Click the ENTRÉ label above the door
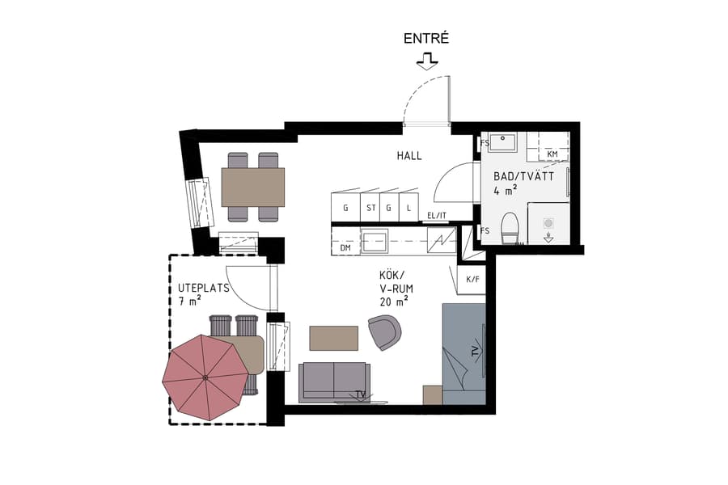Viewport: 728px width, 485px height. (x=425, y=39)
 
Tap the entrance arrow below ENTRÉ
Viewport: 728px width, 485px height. (x=425, y=60)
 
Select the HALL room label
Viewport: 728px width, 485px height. (x=408, y=156)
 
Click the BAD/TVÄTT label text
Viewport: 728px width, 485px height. (x=523, y=176)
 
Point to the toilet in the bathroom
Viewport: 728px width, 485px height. (x=510, y=226)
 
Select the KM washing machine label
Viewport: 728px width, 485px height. (x=552, y=154)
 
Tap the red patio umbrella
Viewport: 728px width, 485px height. (x=205, y=377)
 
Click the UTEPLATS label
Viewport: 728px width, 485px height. (x=204, y=288)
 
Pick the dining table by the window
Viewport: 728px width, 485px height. (x=253, y=187)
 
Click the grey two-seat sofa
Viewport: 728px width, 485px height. (x=334, y=382)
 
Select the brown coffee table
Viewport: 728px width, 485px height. (x=333, y=338)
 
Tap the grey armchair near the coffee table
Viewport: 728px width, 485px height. (x=384, y=331)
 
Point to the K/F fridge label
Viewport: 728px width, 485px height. (x=472, y=280)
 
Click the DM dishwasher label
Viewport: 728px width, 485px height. (x=345, y=247)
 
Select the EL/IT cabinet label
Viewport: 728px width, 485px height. (x=437, y=215)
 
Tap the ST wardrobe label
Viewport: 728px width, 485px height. (x=371, y=208)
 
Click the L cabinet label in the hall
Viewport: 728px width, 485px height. (x=410, y=208)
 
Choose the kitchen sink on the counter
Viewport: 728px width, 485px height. (x=375, y=240)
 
